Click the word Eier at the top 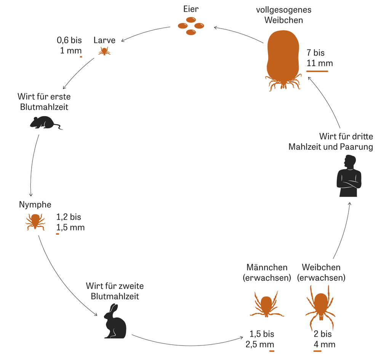point(191,9)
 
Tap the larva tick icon point(104,51)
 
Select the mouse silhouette point(46,122)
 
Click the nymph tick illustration point(35,222)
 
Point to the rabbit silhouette point(115,321)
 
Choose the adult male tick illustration point(267,304)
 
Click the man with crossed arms point(349,176)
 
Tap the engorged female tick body point(283,57)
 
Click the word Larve point(104,40)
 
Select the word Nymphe point(35,205)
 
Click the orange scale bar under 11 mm point(317,71)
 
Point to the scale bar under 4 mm point(317,351)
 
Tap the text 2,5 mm point(260,344)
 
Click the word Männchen point(267,267)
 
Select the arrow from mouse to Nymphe point(32,165)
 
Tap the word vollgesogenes point(283,10)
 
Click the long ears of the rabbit point(113,309)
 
